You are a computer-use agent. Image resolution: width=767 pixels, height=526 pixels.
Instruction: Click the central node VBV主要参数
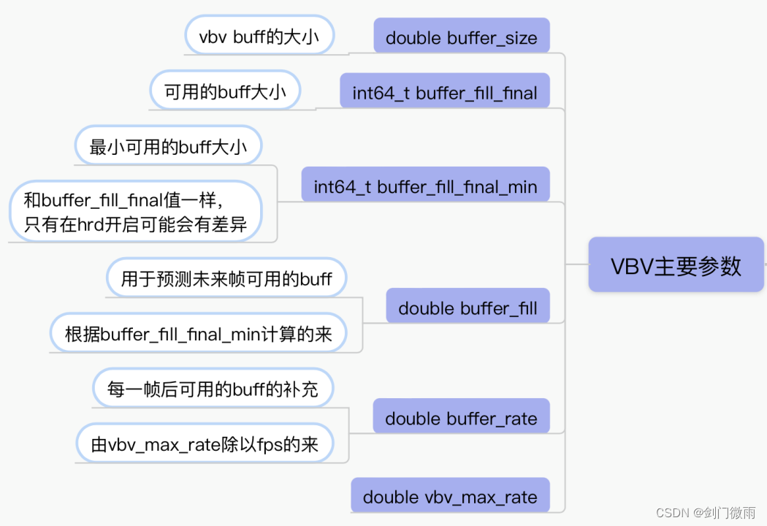tap(676, 265)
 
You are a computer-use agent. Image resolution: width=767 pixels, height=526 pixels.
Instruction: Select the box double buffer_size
tap(461, 38)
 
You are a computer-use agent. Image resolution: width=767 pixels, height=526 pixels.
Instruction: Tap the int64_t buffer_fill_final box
tap(444, 93)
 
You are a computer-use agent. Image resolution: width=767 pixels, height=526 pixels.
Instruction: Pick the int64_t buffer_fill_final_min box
tap(425, 186)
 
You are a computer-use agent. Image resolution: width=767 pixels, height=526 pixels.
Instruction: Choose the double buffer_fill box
tap(468, 308)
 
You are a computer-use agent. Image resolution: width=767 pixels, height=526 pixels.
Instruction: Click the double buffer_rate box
tap(461, 419)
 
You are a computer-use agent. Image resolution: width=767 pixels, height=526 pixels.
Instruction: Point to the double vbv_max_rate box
tap(450, 497)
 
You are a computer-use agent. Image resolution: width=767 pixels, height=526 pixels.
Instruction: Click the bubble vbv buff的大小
tap(259, 37)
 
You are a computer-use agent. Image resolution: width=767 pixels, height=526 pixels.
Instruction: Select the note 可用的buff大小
tap(225, 92)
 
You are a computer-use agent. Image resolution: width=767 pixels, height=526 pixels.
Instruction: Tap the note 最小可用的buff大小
tap(168, 148)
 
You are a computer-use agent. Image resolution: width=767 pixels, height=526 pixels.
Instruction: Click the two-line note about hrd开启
tap(136, 211)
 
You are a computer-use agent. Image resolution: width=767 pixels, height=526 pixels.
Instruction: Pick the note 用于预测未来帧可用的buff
tap(226, 278)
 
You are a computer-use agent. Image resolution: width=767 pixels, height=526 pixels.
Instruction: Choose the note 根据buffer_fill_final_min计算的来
tap(198, 334)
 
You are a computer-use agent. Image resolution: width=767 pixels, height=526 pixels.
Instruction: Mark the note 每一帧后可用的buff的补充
tap(213, 388)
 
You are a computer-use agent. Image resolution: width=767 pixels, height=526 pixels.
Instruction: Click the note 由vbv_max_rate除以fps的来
tap(205, 443)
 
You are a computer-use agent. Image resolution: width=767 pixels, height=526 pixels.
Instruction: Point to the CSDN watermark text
tap(705, 512)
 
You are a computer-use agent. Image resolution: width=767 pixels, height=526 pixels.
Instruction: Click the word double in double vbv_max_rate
tap(391, 497)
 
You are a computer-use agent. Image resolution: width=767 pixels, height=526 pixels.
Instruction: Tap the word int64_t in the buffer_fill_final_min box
tap(342, 186)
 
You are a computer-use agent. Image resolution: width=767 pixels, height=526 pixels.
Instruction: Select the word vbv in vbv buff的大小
tap(213, 37)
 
